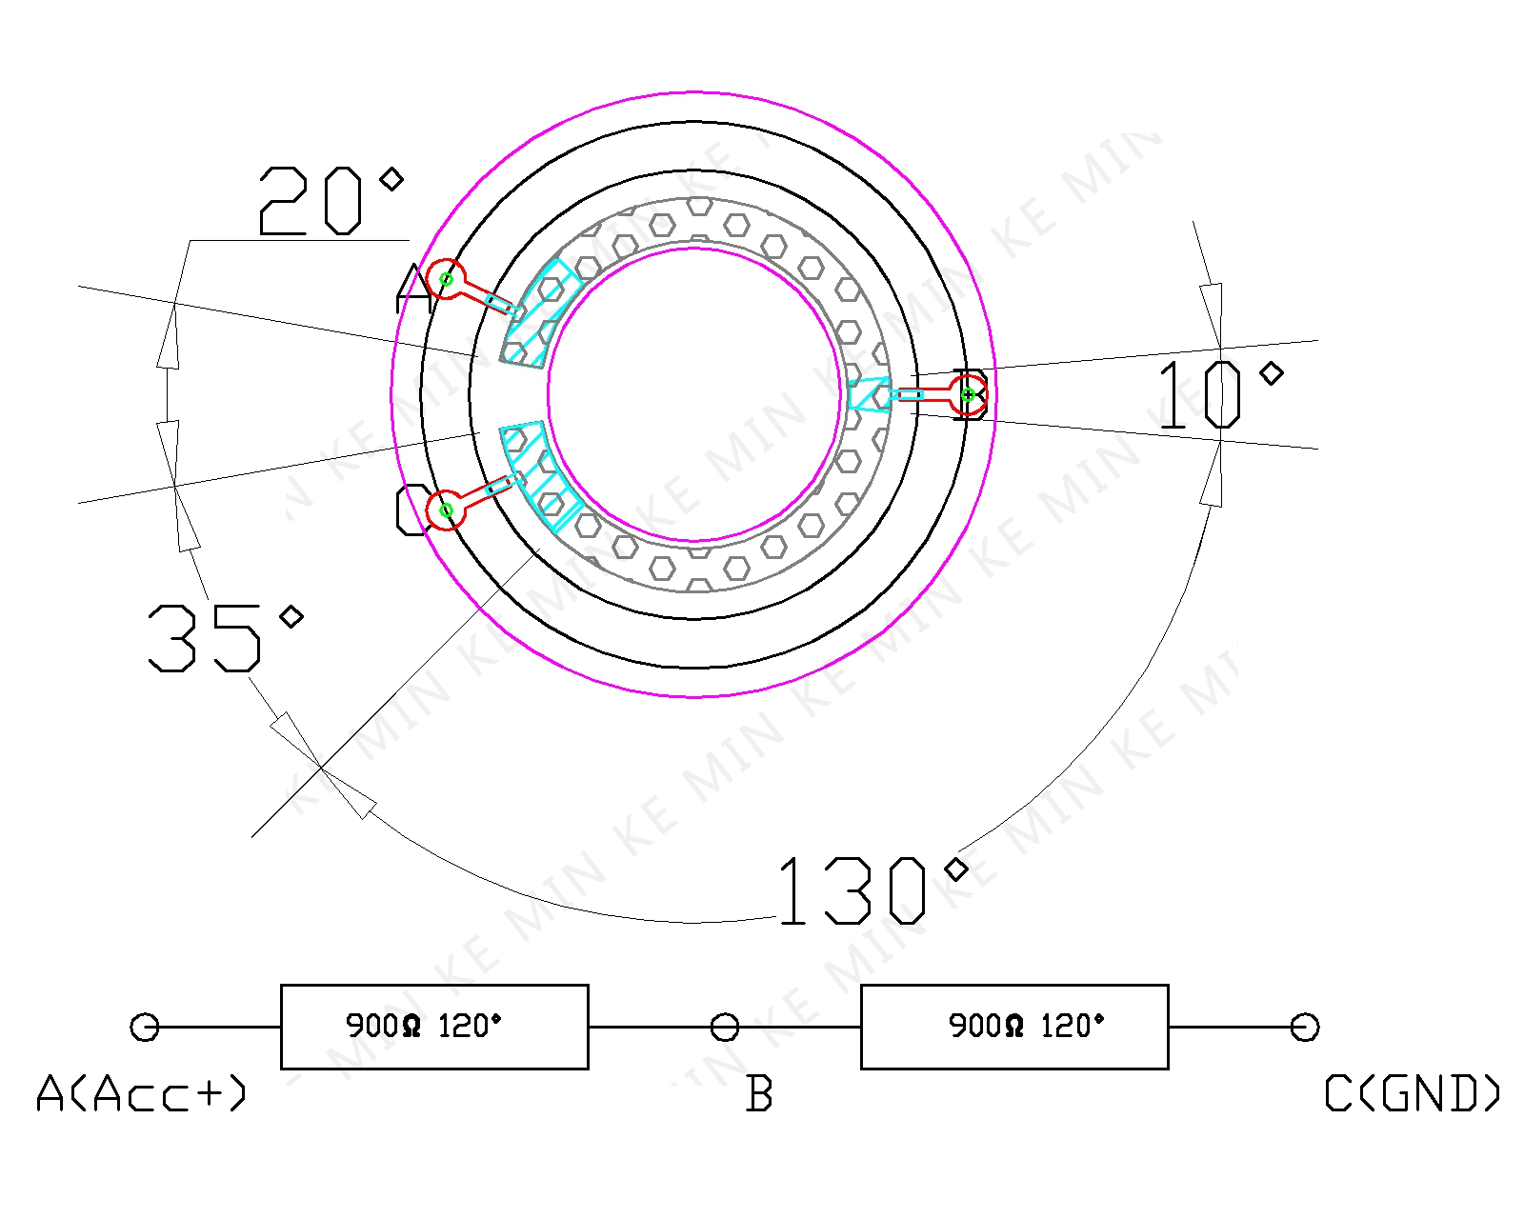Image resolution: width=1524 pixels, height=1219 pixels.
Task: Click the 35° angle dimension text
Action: [x=224, y=636]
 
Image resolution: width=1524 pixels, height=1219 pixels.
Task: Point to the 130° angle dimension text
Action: [x=872, y=890]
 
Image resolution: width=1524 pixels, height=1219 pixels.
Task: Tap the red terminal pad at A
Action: [x=446, y=279]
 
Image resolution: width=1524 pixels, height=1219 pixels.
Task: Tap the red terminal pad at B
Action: [x=968, y=394]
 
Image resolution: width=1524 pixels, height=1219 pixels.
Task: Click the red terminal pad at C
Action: [x=446, y=510]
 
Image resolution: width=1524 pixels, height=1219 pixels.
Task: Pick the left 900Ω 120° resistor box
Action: [x=434, y=1027]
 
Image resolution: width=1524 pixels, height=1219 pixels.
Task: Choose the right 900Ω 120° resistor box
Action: [x=1014, y=1027]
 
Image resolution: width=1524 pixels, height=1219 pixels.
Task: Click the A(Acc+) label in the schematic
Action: [x=141, y=1093]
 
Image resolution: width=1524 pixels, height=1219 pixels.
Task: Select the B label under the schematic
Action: [x=759, y=1093]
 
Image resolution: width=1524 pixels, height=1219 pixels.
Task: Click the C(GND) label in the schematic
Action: [x=1413, y=1093]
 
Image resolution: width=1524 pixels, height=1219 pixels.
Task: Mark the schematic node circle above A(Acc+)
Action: [x=144, y=1027]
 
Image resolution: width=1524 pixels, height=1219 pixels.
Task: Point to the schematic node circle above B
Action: [x=725, y=1027]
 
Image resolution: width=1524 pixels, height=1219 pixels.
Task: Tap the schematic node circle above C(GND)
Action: [x=1305, y=1027]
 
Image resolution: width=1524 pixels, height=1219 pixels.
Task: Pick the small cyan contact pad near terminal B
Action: [x=869, y=394]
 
